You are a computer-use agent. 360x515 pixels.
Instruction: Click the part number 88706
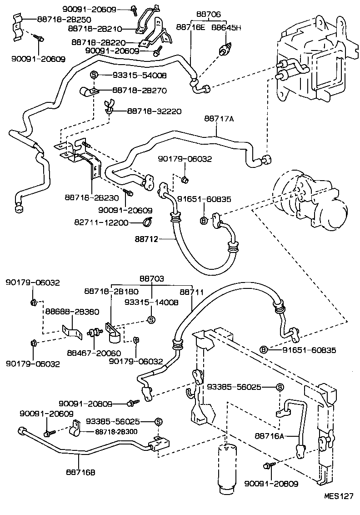208,15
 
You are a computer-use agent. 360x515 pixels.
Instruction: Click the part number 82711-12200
101,222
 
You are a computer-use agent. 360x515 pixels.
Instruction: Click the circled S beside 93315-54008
94,75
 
